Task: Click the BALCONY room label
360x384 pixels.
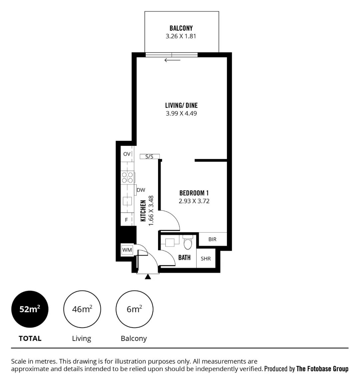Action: click(181, 28)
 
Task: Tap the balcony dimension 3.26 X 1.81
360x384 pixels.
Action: click(181, 36)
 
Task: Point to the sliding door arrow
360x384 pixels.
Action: click(172, 60)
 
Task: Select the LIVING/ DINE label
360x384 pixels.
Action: click(181, 105)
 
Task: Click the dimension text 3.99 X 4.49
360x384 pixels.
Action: click(181, 113)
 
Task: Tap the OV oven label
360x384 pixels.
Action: click(127, 154)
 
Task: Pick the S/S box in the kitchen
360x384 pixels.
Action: click(150, 156)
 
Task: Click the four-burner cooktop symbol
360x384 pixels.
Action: click(128, 177)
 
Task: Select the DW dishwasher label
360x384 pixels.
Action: click(141, 190)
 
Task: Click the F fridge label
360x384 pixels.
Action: click(126, 220)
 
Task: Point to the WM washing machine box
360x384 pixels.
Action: click(127, 250)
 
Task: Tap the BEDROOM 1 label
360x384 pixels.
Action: click(194, 193)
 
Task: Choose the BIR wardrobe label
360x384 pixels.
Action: click(212, 239)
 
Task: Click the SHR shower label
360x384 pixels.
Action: click(206, 259)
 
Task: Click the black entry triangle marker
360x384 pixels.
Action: click(148, 277)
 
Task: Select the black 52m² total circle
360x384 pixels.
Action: click(30, 309)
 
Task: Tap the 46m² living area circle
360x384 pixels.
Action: click(82, 309)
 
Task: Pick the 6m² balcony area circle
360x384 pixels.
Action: click(134, 309)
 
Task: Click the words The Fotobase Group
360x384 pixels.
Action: click(322, 369)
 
